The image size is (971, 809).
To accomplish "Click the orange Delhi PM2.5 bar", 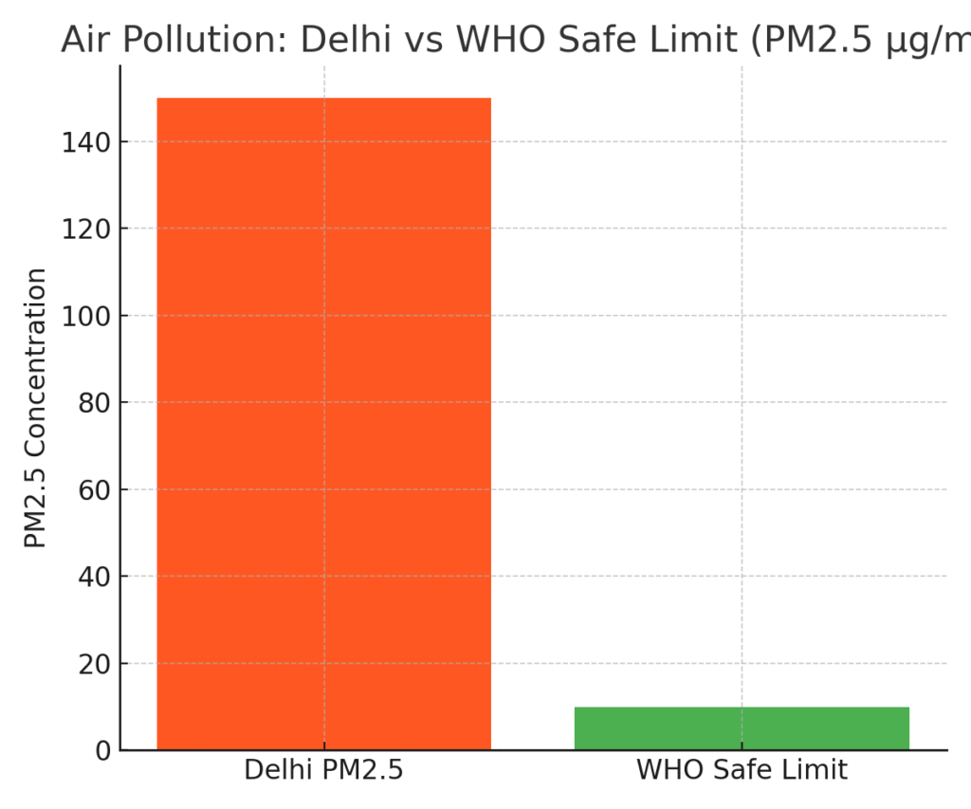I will [x=323, y=423].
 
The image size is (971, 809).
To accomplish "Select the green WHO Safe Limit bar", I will [x=742, y=727].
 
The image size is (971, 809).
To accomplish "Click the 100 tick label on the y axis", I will [x=88, y=316].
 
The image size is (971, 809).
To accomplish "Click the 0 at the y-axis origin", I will [x=102, y=751].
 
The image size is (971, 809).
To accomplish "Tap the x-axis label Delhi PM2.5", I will [x=323, y=770].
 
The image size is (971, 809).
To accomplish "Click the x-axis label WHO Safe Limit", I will [x=742, y=770].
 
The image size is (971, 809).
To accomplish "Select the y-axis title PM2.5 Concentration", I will [x=36, y=408].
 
